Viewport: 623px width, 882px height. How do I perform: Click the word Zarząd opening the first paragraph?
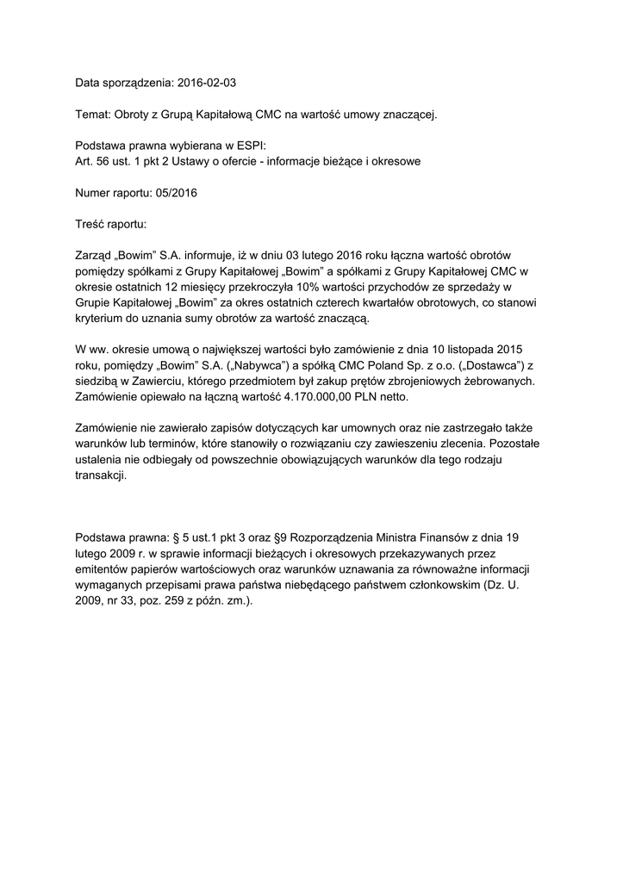pyautogui.click(x=97, y=255)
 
